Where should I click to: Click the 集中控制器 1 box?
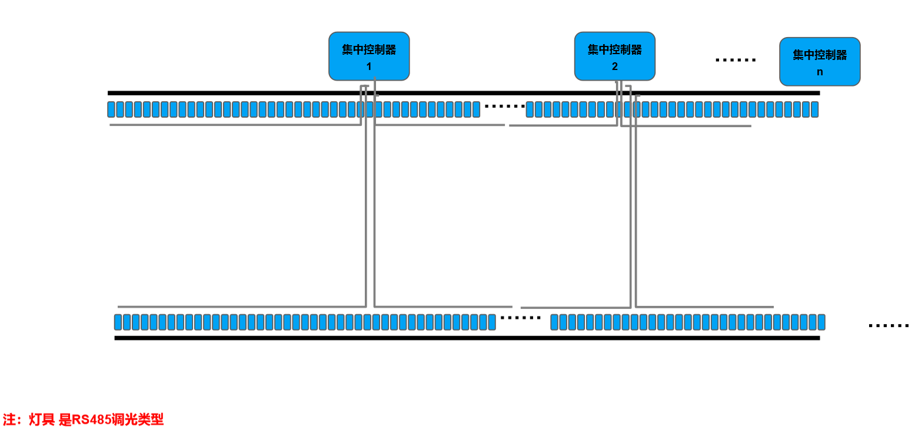click(369, 56)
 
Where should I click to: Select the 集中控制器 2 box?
click(614, 56)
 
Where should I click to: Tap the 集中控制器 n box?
click(820, 61)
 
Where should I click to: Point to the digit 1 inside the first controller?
click(369, 66)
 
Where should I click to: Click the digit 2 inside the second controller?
click(614, 66)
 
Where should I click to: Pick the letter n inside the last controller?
click(820, 72)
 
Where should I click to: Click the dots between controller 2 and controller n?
click(736, 60)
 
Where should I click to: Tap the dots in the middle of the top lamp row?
click(504, 106)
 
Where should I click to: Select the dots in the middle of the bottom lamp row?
click(520, 318)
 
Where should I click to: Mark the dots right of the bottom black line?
click(889, 325)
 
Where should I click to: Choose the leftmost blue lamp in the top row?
click(111, 109)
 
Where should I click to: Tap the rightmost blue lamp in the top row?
click(814, 109)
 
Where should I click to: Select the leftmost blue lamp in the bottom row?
click(118, 322)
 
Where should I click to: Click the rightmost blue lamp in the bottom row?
click(821, 322)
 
